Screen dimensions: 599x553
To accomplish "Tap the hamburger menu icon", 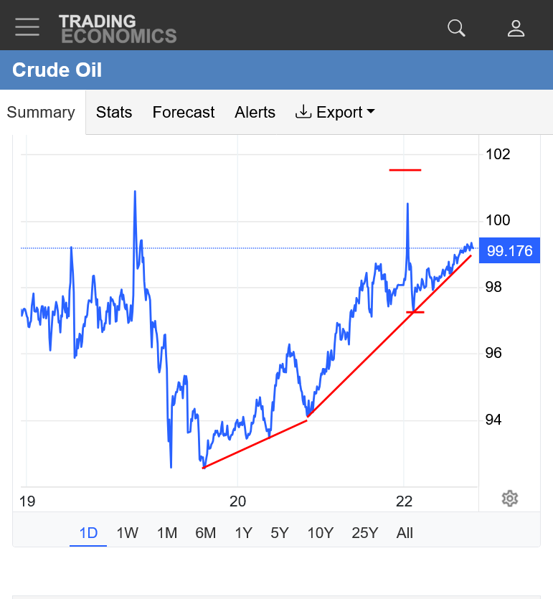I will [x=27, y=27].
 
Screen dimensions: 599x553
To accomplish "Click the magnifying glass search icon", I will [x=456, y=28].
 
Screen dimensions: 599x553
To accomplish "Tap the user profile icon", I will [x=516, y=28].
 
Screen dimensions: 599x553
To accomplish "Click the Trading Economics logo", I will [x=118, y=29].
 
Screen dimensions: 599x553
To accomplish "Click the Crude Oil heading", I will [x=57, y=70].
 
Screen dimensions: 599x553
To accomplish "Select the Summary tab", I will [x=41, y=113].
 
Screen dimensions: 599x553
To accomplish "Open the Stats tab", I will [x=114, y=113].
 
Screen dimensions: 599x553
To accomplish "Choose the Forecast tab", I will [x=184, y=113].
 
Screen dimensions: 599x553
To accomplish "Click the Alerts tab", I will [x=255, y=113].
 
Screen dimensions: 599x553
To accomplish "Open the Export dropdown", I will [x=335, y=113].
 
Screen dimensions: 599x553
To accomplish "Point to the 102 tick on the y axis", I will [x=498, y=154].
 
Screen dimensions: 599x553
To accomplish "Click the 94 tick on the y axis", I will [x=493, y=420].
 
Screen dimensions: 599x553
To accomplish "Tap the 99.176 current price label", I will [x=509, y=251].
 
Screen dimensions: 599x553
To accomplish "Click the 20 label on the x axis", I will [x=237, y=501].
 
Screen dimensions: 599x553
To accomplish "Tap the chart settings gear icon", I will [x=510, y=499].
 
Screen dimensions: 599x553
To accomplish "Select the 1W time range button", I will [x=128, y=533].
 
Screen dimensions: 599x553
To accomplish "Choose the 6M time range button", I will [x=205, y=533].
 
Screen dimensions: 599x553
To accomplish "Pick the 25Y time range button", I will [x=364, y=533].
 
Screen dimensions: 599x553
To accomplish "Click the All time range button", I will [x=405, y=533].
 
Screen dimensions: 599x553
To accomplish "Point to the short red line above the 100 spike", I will [x=405, y=170].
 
